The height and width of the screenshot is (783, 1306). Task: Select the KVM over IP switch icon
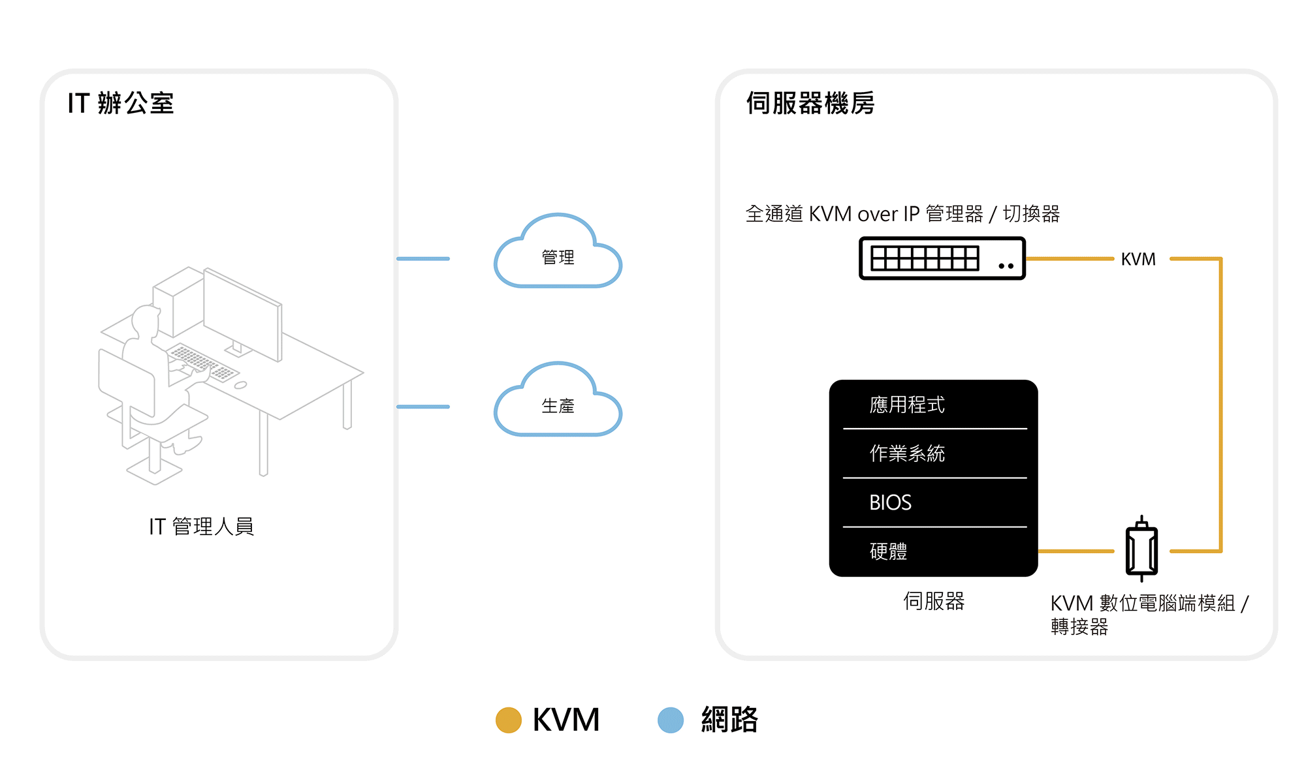click(942, 258)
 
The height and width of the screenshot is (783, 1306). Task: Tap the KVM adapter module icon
click(1141, 550)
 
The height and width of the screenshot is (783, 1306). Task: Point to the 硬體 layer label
click(888, 551)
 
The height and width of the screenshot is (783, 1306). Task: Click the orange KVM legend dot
click(509, 720)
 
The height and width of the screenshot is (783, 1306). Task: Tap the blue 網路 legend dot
click(671, 720)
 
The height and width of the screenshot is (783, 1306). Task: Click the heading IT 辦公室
click(121, 103)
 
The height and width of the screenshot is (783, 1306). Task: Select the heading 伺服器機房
click(810, 103)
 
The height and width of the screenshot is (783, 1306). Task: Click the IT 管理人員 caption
click(201, 526)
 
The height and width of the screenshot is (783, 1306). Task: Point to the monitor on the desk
click(243, 313)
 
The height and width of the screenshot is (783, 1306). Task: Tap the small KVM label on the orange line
click(1138, 259)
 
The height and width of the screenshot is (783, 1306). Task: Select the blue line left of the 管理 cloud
click(423, 258)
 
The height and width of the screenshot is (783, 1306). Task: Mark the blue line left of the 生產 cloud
click(423, 407)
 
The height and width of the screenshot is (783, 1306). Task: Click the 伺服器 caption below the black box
click(934, 601)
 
